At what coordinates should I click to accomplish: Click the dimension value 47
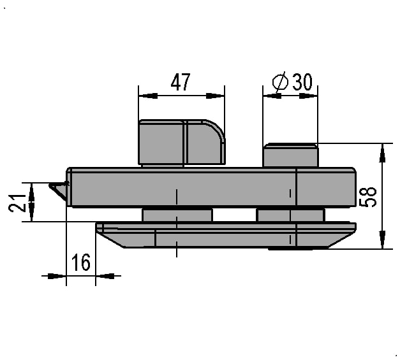181,82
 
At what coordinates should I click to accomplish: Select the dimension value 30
302,82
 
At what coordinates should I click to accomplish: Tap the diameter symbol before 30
280,82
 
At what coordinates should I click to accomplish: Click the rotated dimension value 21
17,203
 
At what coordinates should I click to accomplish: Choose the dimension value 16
81,262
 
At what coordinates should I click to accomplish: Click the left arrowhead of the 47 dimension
148,96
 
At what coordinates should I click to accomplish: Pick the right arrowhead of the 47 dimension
215,96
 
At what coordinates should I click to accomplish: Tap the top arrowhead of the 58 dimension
382,153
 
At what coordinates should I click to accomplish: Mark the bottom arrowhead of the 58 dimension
382,239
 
